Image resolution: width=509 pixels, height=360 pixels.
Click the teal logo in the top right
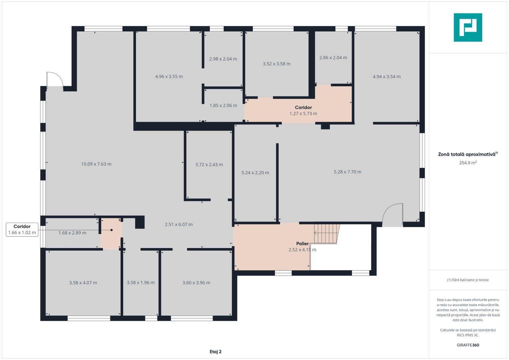(468, 27)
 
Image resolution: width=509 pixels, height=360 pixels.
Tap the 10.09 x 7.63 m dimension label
(96, 164)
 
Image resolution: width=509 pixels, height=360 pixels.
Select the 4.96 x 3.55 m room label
(169, 77)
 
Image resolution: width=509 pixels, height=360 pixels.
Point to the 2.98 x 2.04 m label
(223, 59)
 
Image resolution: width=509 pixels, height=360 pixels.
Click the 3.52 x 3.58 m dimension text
(277, 64)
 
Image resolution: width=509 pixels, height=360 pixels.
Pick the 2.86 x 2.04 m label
(333, 58)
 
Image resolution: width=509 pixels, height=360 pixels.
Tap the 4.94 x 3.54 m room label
(387, 77)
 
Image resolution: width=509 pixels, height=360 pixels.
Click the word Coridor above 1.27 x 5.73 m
(303, 107)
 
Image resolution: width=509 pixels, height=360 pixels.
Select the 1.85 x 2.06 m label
(223, 106)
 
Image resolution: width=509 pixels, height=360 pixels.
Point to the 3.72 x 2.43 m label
(209, 165)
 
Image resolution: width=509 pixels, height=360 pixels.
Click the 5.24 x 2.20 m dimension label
(255, 173)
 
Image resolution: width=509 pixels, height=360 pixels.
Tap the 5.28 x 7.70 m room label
(347, 172)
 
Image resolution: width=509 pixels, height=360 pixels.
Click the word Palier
(302, 244)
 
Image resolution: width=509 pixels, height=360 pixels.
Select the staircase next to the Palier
(327, 234)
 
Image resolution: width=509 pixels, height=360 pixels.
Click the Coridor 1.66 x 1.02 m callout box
(22, 230)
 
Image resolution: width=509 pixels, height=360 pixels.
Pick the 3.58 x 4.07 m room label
(83, 283)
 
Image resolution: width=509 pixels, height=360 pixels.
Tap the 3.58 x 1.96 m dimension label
(141, 283)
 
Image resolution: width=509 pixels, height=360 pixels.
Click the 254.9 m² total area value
(468, 163)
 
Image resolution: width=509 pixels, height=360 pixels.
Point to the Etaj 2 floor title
(216, 352)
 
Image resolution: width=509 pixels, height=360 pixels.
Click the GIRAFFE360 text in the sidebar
(468, 345)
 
